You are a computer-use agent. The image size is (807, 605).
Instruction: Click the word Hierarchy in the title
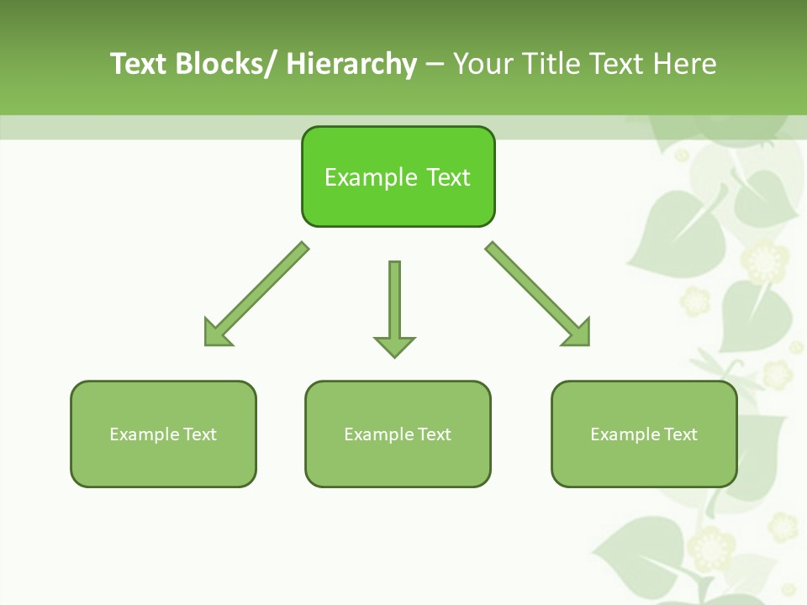click(351, 64)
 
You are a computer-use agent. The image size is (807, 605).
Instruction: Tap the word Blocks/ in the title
click(228, 64)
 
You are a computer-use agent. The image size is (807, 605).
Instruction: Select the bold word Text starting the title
click(139, 64)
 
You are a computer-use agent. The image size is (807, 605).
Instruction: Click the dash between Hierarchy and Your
click(434, 64)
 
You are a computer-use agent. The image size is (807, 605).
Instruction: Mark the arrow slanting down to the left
click(256, 294)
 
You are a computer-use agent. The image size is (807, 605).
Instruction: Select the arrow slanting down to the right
click(538, 294)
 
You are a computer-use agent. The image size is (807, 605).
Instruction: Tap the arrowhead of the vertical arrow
click(394, 346)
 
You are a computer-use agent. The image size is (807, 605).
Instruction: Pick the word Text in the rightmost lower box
click(681, 434)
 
